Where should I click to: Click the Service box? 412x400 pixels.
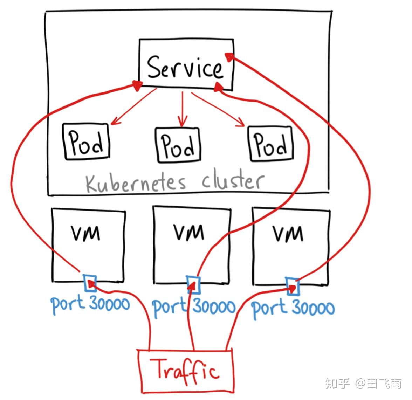point(186,65)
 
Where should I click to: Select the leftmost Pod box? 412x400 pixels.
point(86,142)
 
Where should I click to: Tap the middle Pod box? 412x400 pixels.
point(178,145)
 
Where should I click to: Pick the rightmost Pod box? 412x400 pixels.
point(270,144)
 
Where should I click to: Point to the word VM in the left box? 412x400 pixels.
point(86,233)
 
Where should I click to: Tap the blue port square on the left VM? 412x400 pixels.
point(90,283)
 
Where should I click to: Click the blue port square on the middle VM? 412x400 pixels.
point(193,285)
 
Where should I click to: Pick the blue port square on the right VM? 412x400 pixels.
point(293,287)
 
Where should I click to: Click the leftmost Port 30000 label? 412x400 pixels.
point(90,304)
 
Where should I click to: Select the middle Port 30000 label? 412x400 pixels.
point(194,307)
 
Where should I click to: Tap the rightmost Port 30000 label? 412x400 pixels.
point(293,308)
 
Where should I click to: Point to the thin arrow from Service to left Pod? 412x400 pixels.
point(133,107)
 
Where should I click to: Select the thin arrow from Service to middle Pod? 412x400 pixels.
point(182,109)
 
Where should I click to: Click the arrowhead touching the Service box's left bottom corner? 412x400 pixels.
point(137,84)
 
